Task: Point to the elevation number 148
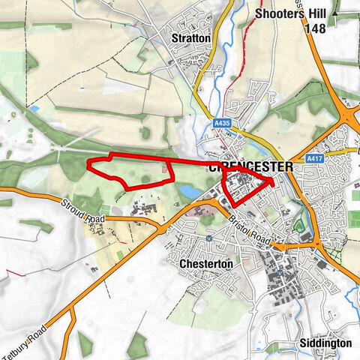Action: pos(315,28)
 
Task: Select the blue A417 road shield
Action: pos(314,159)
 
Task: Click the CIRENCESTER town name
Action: pos(247,166)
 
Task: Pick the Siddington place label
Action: pos(324,342)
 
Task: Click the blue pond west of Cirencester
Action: pos(190,193)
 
